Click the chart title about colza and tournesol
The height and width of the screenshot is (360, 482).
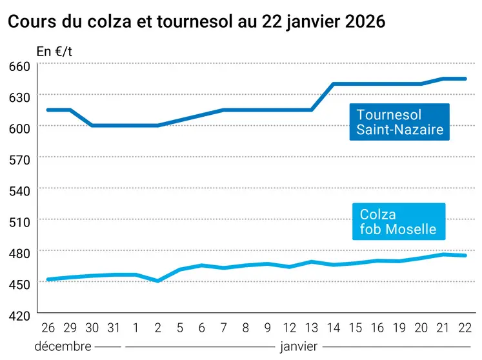pyautogui.click(x=196, y=21)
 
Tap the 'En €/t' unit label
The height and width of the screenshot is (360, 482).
pyautogui.click(x=54, y=52)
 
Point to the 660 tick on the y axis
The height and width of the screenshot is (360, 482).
pyautogui.click(x=19, y=66)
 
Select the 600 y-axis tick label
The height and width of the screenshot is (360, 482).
pyautogui.click(x=19, y=128)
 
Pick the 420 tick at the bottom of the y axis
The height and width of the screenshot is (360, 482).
pyautogui.click(x=19, y=315)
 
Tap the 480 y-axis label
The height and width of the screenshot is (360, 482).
pyautogui.click(x=19, y=253)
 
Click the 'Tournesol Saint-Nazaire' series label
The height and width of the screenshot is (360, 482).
pyautogui.click(x=399, y=122)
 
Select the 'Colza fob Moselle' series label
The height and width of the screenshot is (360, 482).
pyautogui.click(x=398, y=221)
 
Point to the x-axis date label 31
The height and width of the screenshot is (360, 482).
pyautogui.click(x=114, y=328)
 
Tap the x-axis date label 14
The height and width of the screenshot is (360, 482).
pyautogui.click(x=334, y=328)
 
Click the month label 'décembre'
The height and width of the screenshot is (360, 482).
pyautogui.click(x=63, y=346)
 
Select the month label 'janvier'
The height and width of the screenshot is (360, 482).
pyautogui.click(x=298, y=346)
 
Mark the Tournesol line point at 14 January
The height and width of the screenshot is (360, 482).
pyautogui.click(x=334, y=84)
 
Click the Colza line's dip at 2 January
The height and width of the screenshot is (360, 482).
pyautogui.click(x=158, y=281)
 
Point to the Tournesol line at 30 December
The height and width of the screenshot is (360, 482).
pyautogui.click(x=92, y=125)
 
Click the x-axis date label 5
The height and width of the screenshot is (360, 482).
pyautogui.click(x=180, y=328)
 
